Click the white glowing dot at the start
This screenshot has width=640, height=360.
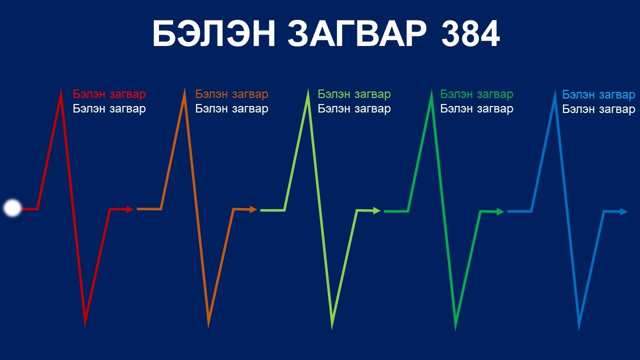click(x=12, y=208)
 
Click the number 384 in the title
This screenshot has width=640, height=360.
click(x=470, y=33)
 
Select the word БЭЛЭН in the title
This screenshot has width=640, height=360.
click(x=214, y=33)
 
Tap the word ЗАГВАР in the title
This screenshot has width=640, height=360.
click(x=357, y=33)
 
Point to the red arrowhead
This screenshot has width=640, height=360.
click(x=129, y=209)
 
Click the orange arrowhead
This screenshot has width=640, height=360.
click(x=253, y=209)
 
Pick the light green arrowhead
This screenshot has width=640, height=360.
click(x=377, y=211)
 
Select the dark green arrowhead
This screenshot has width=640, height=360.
click(x=500, y=211)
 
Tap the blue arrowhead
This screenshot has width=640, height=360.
click(x=623, y=211)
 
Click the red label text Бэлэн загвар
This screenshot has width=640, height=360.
click(x=109, y=94)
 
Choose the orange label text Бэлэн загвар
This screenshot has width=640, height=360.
click(x=231, y=94)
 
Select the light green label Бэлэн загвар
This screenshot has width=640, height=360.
click(x=354, y=94)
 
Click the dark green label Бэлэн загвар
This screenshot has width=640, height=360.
click(x=476, y=94)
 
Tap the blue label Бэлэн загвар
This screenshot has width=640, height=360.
click(x=599, y=94)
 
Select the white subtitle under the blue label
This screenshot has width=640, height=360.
click(x=599, y=109)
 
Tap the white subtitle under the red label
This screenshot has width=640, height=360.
click(x=109, y=109)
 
